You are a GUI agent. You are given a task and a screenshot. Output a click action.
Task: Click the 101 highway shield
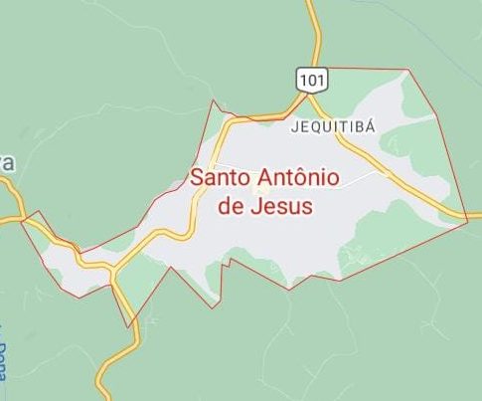[x=308, y=78]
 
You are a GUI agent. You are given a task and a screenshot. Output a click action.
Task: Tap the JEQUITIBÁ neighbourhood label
[x=333, y=127]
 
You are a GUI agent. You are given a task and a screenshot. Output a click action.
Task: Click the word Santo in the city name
[x=221, y=178]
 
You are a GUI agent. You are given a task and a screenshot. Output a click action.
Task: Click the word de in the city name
[x=229, y=207]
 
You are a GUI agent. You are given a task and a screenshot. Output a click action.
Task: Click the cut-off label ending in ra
[x=6, y=164]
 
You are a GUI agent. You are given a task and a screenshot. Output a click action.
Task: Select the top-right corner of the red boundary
[x=406, y=70]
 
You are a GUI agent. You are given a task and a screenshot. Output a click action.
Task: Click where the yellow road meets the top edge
[x=309, y=2]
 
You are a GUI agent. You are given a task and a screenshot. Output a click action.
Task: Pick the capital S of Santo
[x=197, y=178]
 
